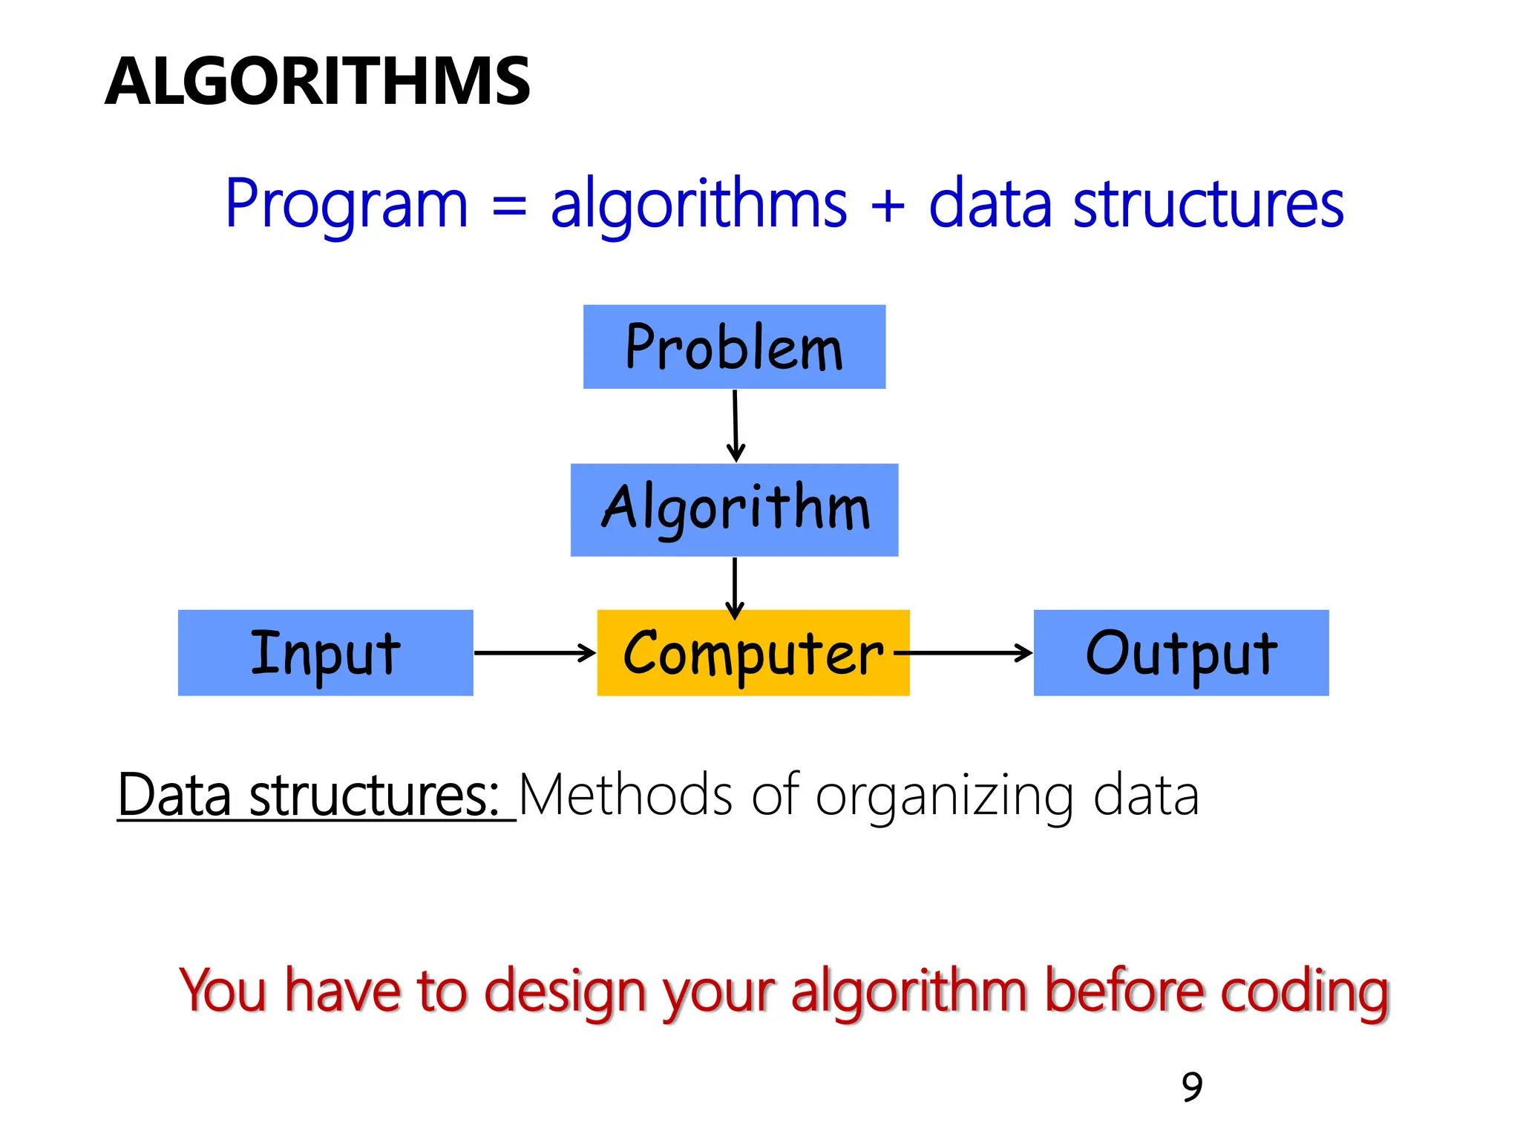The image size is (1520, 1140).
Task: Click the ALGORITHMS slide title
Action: [318, 82]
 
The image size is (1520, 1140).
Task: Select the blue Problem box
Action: [734, 347]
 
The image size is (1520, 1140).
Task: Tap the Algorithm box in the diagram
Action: [734, 510]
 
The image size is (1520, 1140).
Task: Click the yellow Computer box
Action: [753, 652]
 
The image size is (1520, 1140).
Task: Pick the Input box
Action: [325, 652]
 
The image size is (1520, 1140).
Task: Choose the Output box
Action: [1181, 652]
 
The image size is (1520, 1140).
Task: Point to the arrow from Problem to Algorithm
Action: [736, 426]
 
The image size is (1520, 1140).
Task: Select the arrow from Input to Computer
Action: [534, 653]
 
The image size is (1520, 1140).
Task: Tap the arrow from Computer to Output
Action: [965, 653]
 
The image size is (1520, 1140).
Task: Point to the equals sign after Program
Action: [509, 206]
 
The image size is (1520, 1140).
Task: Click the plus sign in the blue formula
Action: [888, 206]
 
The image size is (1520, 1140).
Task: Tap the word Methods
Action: [626, 796]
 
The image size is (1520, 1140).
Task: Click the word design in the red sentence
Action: [566, 991]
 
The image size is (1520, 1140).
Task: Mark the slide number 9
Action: [1192, 1087]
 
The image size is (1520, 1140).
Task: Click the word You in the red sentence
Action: [223, 991]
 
